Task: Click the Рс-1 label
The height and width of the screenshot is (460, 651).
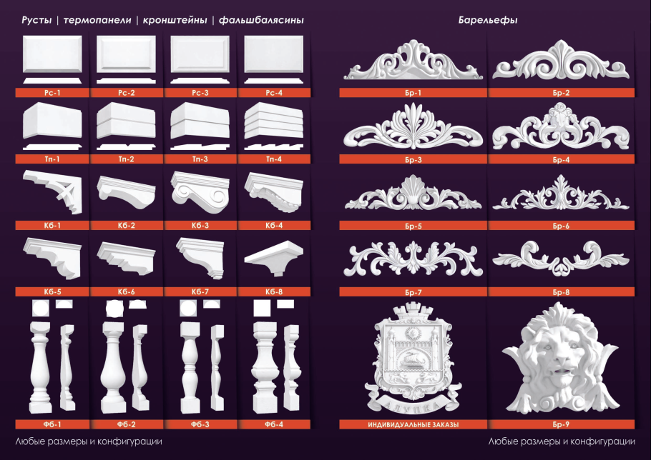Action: coord(52,93)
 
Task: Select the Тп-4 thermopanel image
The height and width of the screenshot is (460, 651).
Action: coord(274,126)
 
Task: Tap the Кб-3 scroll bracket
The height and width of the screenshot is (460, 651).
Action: coord(200,192)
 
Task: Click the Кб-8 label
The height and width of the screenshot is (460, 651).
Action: coord(274,291)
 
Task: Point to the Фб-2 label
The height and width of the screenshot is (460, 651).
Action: coord(126,424)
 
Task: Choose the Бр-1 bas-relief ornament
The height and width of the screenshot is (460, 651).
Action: coord(413,60)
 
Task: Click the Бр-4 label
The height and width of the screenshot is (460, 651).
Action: coord(561,159)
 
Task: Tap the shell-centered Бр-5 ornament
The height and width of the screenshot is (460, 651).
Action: coord(413,193)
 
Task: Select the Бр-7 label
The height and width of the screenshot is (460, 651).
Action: coord(413,292)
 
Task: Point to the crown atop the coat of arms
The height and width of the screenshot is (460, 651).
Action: coord(413,310)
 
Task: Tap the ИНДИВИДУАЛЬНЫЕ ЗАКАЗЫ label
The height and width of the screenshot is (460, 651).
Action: coord(413,424)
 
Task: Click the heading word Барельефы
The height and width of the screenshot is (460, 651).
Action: coord(488,20)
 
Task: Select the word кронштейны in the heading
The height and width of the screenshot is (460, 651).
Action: coord(175,20)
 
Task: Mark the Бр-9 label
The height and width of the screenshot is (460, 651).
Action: coord(561,424)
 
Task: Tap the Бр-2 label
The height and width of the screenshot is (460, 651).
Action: coord(561,93)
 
